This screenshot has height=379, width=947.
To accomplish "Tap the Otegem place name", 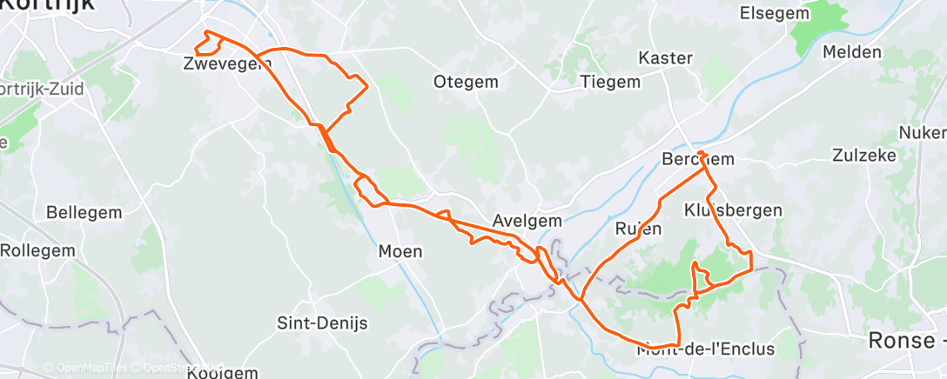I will [466, 82].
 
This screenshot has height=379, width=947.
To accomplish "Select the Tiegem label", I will [610, 82].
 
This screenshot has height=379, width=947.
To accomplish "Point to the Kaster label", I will [666, 58].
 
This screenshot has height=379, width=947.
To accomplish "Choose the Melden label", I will [851, 52].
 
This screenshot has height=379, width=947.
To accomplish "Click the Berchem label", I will [698, 160].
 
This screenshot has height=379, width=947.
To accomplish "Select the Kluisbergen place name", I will [733, 210].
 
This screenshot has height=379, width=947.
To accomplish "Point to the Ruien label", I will [638, 229].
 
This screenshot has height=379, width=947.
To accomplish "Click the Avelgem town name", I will [527, 221].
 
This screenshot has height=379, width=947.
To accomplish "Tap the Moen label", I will [400, 252].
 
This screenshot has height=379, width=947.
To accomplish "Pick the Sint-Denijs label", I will [322, 322].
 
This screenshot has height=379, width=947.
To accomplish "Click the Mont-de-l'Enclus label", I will [705, 349].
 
